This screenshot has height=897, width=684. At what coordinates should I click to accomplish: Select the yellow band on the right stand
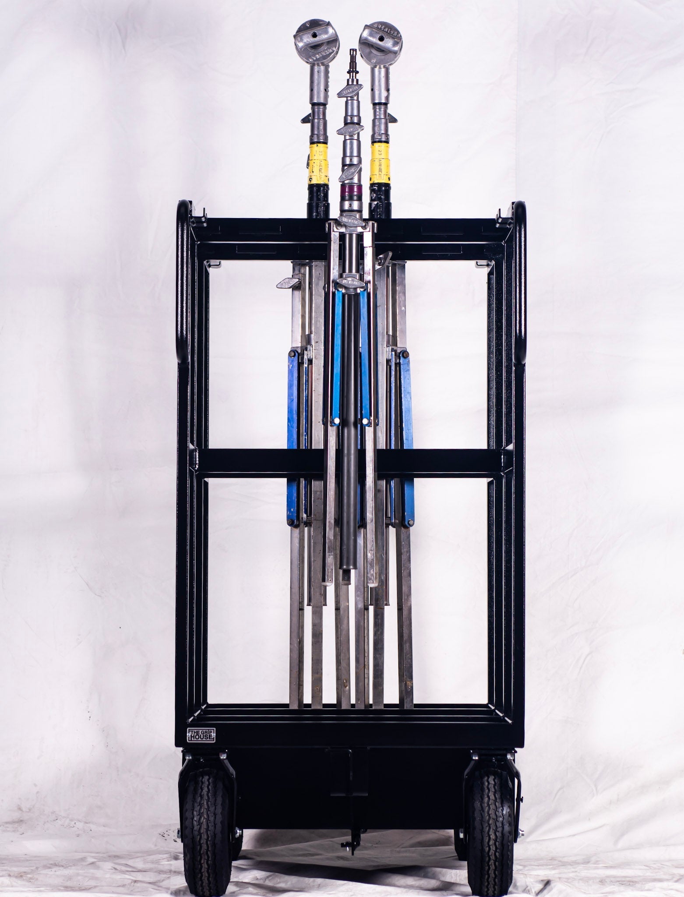tap(380, 162)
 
